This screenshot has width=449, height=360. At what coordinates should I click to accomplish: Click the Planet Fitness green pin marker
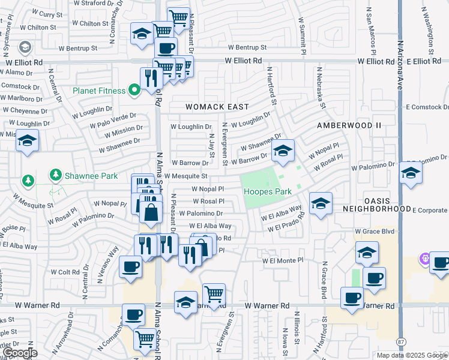tap(134, 91)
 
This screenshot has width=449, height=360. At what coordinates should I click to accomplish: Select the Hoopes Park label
tap(267, 192)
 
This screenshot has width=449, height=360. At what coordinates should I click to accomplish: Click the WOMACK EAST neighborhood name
tap(217, 107)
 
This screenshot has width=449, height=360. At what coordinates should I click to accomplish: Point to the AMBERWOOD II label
tap(349, 125)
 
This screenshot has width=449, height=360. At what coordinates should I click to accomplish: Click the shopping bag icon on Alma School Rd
tap(151, 212)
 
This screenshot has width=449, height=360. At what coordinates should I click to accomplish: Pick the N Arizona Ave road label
tap(400, 60)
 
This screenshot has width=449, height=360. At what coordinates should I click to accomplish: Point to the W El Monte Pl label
tap(283, 260)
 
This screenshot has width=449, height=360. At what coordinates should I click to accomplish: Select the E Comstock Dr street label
tap(426, 107)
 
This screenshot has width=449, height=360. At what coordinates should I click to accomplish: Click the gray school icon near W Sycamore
tap(25, 46)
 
